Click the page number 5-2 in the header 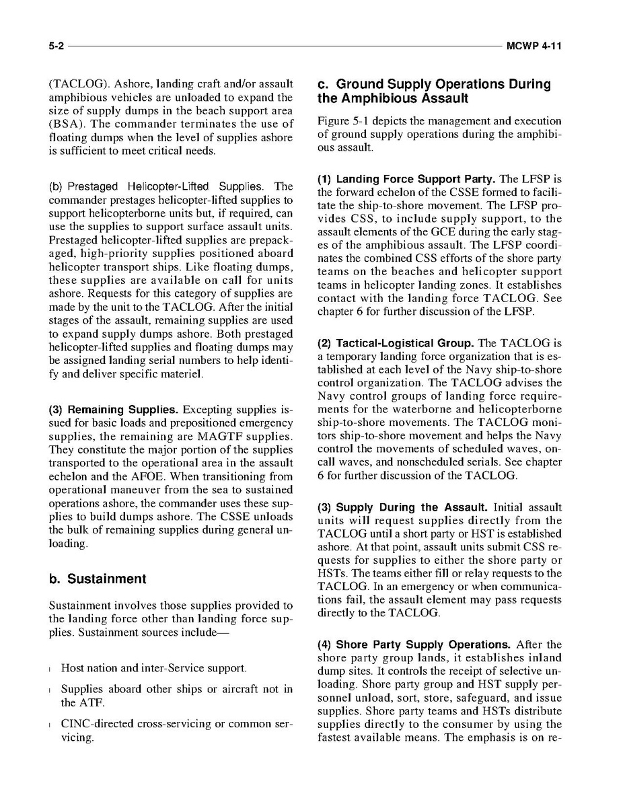click(56, 46)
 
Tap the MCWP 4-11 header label click(534, 46)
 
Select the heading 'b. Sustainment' click(98, 579)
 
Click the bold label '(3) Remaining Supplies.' click(114, 410)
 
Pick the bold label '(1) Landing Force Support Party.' click(406, 180)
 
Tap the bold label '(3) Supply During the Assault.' click(402, 507)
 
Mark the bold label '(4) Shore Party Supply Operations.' click(412, 645)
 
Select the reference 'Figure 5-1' click(340, 121)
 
